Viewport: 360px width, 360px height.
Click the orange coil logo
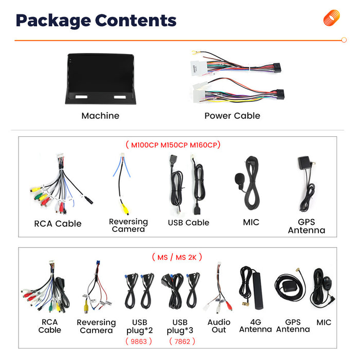click(x=331, y=17)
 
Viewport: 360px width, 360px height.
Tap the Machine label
click(x=100, y=116)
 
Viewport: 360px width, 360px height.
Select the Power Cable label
click(x=232, y=116)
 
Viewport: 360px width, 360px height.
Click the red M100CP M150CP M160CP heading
click(x=174, y=145)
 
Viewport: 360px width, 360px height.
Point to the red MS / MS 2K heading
click(x=177, y=257)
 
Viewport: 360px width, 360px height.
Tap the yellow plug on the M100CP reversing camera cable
click(x=125, y=209)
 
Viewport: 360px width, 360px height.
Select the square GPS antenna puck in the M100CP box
click(x=304, y=163)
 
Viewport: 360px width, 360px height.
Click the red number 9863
click(x=139, y=341)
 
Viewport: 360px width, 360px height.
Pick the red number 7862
click(x=182, y=341)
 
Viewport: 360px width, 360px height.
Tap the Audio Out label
click(x=219, y=326)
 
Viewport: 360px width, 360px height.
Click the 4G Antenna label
click(x=256, y=326)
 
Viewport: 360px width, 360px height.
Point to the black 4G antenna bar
click(x=258, y=291)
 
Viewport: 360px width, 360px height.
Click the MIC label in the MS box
click(x=323, y=322)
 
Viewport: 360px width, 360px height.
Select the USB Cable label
click(x=189, y=223)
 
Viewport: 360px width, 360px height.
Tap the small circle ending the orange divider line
click(x=344, y=40)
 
